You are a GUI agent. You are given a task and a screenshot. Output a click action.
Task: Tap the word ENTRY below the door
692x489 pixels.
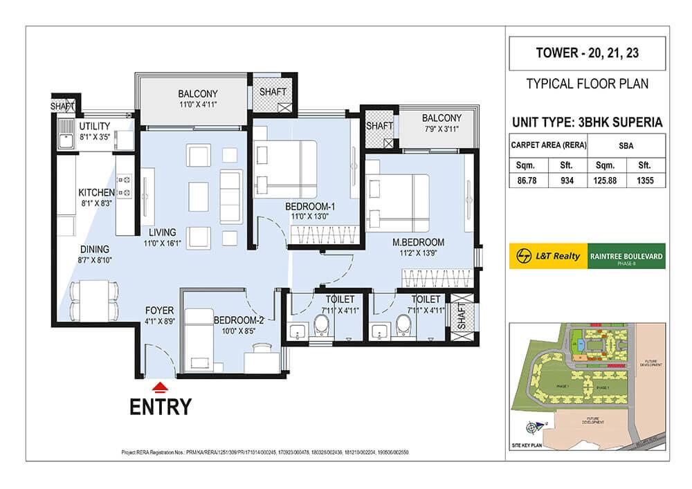click(x=161, y=407)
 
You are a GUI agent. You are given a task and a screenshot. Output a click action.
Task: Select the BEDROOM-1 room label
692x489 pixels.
click(x=310, y=207)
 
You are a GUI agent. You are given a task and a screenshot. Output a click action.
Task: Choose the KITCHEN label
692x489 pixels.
click(x=96, y=192)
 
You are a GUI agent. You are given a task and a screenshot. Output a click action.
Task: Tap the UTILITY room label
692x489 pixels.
click(x=95, y=127)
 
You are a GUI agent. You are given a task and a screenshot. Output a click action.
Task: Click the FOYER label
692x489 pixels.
click(x=160, y=311)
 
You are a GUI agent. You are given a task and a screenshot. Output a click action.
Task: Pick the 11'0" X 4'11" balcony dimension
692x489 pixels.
click(x=197, y=106)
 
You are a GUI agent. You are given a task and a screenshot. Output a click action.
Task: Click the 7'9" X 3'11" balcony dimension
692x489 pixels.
click(x=441, y=129)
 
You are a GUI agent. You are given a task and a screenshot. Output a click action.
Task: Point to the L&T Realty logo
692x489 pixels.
click(x=547, y=256)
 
